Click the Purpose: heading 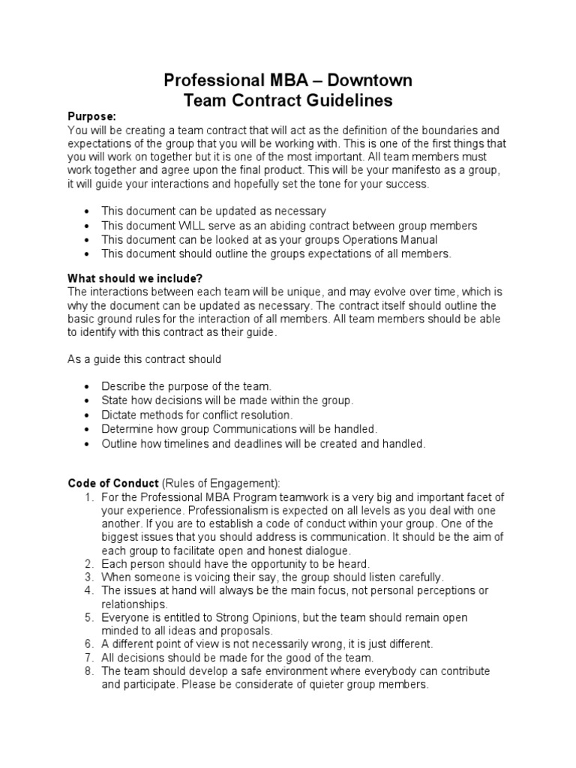92,117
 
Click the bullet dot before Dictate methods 90,415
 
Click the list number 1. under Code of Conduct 88,498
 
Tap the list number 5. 88,618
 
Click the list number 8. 88,671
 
